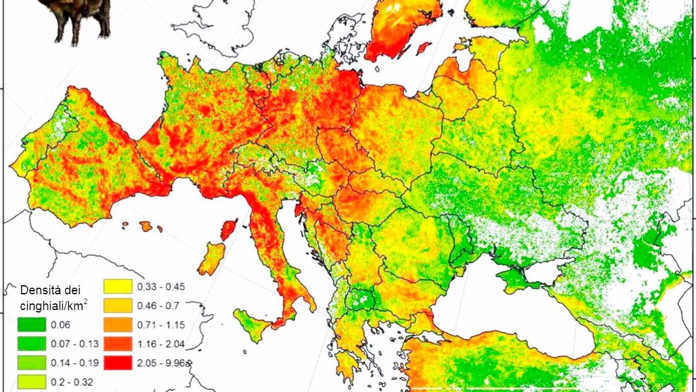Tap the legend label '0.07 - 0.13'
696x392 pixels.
[x=77, y=344]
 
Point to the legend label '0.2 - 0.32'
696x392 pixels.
[x=72, y=382]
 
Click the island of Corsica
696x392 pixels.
[x=228, y=230]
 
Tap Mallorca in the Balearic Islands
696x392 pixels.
[x=146, y=226]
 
